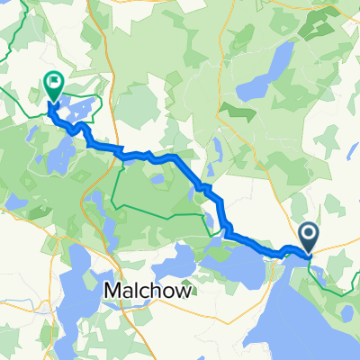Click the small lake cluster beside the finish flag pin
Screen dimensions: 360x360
(x=76, y=112)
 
